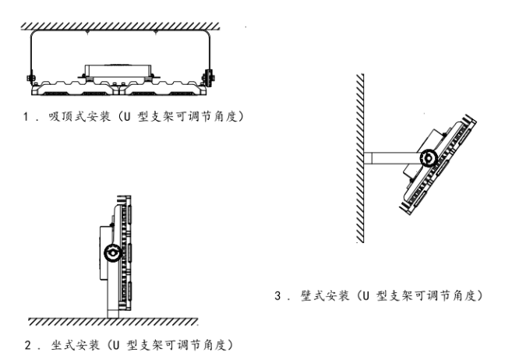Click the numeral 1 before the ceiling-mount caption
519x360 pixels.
click(28, 116)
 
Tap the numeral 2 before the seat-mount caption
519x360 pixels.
click(28, 344)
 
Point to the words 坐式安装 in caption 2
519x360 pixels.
click(71, 344)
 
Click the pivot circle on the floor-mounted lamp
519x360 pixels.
click(114, 253)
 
